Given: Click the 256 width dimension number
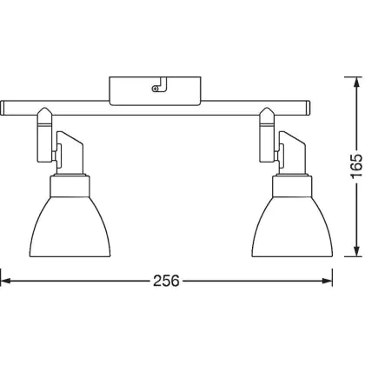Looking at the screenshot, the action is tap(166, 281).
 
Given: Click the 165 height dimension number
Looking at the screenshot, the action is tap(356, 166).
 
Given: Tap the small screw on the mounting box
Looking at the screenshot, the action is tap(156, 89).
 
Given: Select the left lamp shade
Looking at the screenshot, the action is tap(70, 227).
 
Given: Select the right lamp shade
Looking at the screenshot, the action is tap(292, 227).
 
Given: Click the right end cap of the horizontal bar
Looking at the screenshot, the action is tap(309, 108).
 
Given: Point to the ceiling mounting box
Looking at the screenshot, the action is tap(155, 91).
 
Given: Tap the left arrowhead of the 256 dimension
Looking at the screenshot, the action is tap(6, 281).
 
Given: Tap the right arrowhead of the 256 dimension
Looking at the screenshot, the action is tap(327, 281).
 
